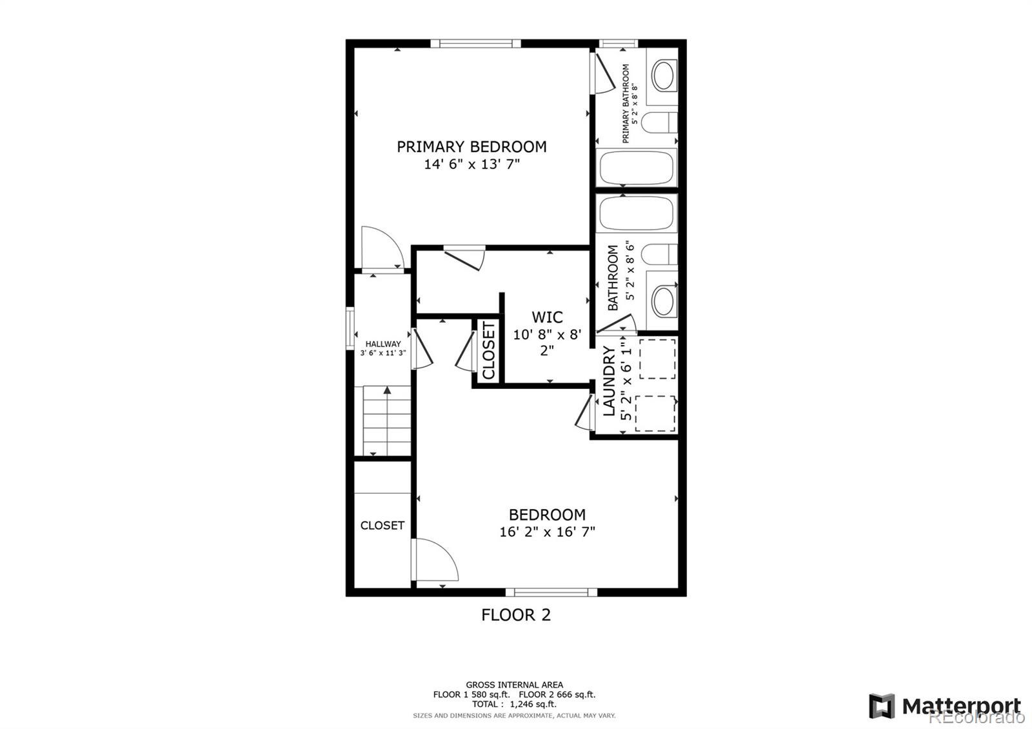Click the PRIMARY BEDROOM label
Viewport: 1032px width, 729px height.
471,146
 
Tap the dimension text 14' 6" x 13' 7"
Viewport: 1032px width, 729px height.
471,165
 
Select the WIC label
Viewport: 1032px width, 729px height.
547,317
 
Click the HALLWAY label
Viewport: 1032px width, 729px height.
383,344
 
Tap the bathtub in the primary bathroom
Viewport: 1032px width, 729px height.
637,168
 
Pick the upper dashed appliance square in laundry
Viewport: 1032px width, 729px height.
657,359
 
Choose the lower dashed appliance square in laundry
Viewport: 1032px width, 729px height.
655,414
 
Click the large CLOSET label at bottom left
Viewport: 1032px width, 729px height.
382,525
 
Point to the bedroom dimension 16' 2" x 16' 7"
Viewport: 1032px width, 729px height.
547,532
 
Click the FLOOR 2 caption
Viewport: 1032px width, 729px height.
516,615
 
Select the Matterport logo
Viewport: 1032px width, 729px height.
945,706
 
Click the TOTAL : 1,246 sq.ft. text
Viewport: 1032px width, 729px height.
514,704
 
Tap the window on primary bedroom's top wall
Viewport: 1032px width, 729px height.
475,44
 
